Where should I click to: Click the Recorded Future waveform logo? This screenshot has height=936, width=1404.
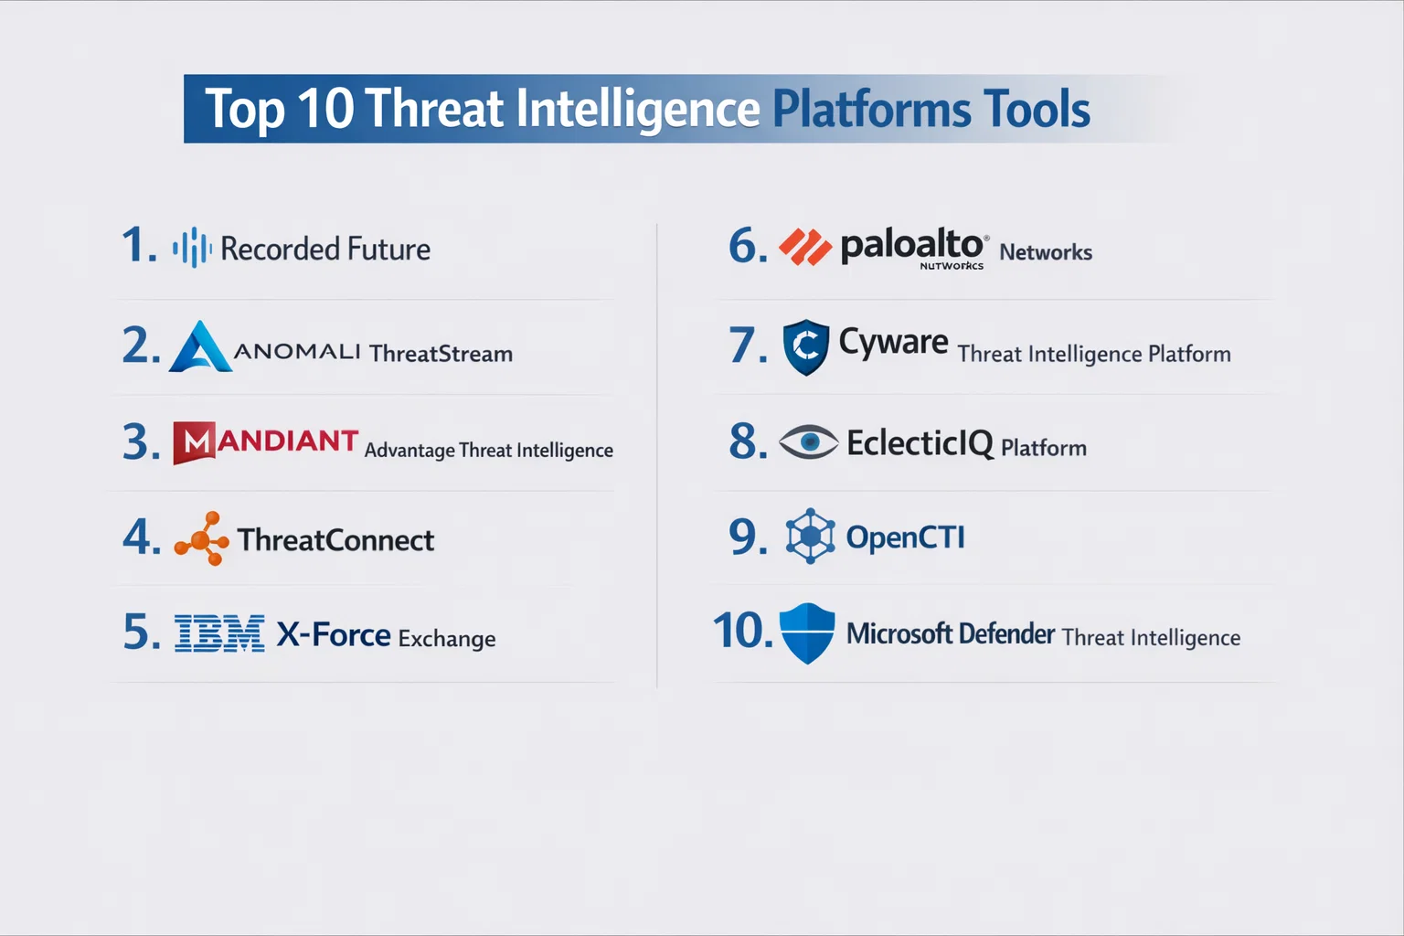(192, 247)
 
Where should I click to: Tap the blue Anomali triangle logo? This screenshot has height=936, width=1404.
(200, 346)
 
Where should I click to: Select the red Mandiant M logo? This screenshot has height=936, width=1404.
(195, 442)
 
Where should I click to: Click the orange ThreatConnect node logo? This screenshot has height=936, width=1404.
(202, 537)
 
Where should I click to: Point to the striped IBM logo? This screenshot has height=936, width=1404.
(219, 633)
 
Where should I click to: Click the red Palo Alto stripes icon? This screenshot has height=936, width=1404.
(805, 247)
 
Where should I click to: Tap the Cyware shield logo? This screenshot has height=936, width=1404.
(806, 346)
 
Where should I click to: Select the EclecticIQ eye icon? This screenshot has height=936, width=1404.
(809, 442)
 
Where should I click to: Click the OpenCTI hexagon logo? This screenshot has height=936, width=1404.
(811, 536)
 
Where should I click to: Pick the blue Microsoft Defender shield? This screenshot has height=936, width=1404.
(807, 633)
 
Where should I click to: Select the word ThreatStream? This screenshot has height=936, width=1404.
(441, 354)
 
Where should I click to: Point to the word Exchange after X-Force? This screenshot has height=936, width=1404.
(447, 639)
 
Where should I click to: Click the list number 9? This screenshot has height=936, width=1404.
(748, 537)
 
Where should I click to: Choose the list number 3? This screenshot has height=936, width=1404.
(141, 442)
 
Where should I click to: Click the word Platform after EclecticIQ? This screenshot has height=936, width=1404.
(1044, 448)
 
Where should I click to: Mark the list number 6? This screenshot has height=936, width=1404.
(748, 246)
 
